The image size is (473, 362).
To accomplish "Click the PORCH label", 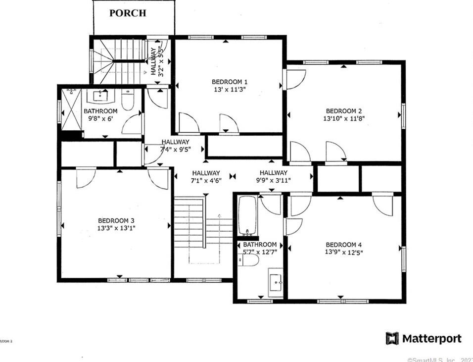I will [x=128, y=13].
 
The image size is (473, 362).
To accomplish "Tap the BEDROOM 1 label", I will [x=230, y=82].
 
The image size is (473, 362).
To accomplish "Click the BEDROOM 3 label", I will [x=116, y=220].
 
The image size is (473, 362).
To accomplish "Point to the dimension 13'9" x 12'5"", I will [x=344, y=253].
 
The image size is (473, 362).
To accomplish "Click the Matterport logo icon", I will [x=392, y=339].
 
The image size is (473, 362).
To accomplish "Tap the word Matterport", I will [x=431, y=339].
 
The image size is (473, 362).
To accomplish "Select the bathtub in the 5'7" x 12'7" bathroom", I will [x=246, y=216].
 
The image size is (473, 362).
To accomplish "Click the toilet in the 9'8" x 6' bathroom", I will [x=127, y=100].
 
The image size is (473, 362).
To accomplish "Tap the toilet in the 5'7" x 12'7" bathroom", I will [x=247, y=260].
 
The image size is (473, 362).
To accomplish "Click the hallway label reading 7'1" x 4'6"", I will [x=206, y=176].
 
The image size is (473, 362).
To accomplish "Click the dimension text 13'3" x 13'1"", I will [x=116, y=228].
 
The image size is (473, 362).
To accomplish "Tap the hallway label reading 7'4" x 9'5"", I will [x=176, y=146].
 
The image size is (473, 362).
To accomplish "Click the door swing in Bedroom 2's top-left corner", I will [x=295, y=78].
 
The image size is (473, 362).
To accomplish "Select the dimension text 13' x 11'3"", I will [x=230, y=90].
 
